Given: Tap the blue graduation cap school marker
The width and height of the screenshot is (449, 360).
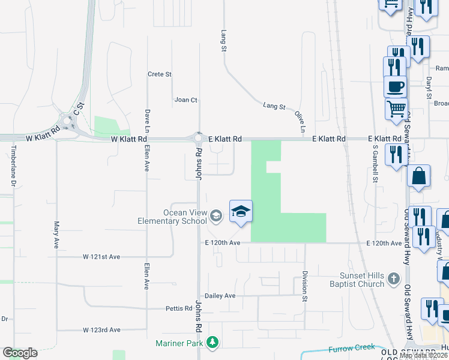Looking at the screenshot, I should click(241, 212).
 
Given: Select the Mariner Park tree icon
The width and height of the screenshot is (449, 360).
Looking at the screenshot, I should click(212, 343).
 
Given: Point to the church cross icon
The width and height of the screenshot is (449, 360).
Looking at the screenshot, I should click(393, 278).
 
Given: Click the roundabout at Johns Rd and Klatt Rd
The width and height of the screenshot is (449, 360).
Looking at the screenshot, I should click(198, 139).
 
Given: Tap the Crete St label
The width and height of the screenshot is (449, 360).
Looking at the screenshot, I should click(160, 74).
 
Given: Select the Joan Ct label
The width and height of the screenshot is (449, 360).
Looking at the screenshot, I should click(185, 100).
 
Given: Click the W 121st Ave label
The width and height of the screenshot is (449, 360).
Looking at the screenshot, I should click(101, 257).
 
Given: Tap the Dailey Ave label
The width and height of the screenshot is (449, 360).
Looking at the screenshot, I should click(220, 296).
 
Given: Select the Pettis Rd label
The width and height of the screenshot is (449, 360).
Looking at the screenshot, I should click(179, 308).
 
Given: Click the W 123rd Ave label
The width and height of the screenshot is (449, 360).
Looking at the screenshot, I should click(101, 330).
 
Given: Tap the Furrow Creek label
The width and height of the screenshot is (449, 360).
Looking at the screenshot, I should click(351, 348).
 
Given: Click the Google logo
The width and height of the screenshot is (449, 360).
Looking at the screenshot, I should click(20, 353).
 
